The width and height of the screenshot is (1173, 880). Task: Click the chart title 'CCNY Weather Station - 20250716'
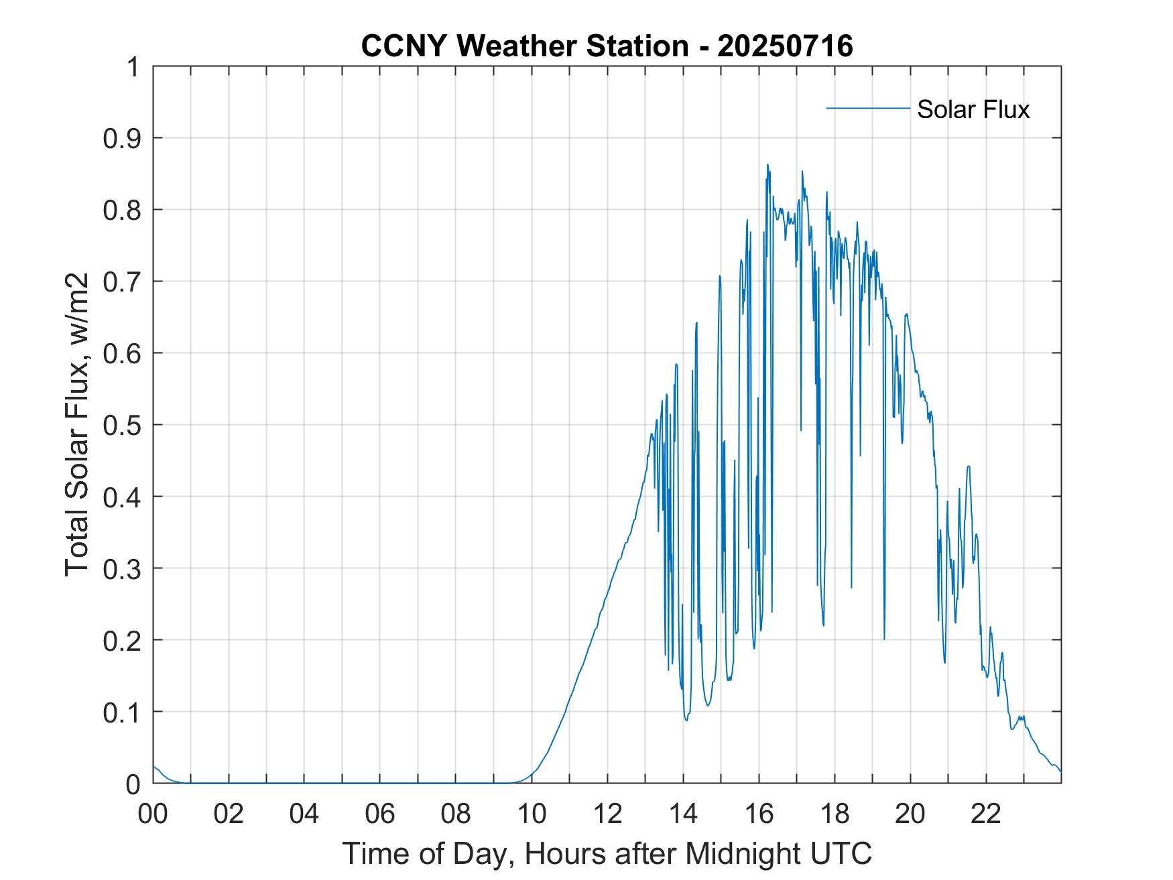tap(607, 46)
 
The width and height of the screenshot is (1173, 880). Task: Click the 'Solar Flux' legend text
tap(973, 109)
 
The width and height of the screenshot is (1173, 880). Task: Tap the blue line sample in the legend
tap(867, 108)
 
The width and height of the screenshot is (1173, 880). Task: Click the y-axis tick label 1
tap(133, 67)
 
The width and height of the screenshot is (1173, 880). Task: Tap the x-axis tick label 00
tap(153, 814)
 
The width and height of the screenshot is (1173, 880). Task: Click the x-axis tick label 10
tap(532, 814)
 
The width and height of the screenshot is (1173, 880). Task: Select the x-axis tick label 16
tap(759, 814)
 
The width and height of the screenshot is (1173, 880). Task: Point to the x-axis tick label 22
tap(986, 814)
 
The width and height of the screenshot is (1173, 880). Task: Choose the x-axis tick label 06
tap(380, 814)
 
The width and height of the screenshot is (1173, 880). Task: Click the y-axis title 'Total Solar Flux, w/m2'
tap(76, 425)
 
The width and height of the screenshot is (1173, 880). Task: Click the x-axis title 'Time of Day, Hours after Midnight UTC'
tap(607, 853)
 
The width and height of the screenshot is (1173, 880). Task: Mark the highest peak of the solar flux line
tap(767, 165)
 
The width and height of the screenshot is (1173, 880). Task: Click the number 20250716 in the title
tap(785, 46)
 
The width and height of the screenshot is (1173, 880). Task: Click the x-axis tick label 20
tap(910, 814)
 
